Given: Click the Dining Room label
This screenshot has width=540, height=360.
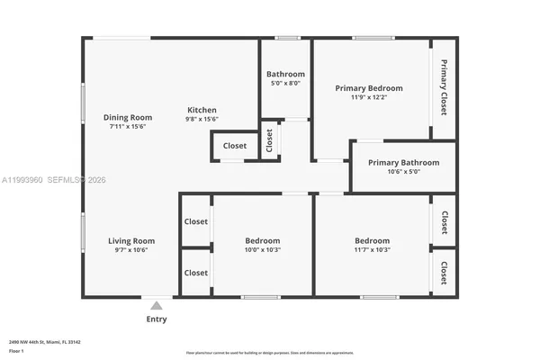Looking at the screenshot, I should (127, 117).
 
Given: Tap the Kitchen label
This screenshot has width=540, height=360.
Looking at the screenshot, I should (202, 109).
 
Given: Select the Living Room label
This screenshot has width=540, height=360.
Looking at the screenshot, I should (131, 241).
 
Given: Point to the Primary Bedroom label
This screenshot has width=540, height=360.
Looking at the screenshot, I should (368, 88).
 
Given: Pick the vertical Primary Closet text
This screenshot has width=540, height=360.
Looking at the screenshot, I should (443, 87).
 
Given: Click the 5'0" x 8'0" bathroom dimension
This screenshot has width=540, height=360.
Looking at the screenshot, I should (285, 84).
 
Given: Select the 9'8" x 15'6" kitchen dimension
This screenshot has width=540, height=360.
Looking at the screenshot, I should (202, 119).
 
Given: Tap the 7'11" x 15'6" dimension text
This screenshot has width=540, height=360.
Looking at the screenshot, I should (127, 127).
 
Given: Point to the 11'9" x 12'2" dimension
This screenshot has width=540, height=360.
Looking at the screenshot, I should (368, 98).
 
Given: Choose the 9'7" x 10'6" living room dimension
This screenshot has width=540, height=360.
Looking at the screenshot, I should (131, 250).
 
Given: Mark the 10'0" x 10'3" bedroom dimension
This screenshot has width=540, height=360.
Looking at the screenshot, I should (263, 250).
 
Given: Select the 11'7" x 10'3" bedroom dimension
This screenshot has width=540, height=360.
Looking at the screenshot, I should (372, 250).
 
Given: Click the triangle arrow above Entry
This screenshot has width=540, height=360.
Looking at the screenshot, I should (157, 306).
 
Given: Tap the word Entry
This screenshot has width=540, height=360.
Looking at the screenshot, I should (157, 319).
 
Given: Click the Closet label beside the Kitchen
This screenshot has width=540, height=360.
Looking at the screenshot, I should (235, 146).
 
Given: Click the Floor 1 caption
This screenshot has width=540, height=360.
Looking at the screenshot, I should (16, 351).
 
